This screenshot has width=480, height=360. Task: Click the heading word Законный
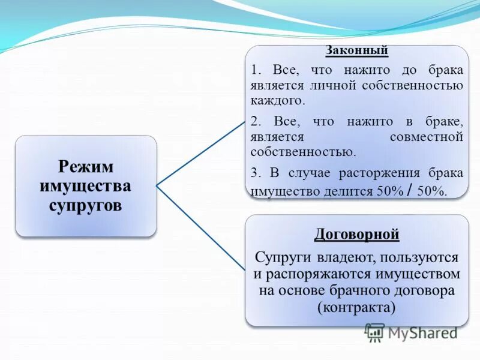coord(356,50)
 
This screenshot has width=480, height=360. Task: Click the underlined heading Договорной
coord(356,234)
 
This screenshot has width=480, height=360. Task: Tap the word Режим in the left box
coord(85,166)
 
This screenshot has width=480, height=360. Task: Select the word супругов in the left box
coord(85,205)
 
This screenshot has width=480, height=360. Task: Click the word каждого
coord(278,100)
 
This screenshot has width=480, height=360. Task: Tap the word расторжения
coord(381,173)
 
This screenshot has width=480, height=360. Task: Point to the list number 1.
coord(255,70)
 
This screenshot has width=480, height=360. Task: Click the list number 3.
coord(255,173)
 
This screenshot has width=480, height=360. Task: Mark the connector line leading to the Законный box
coord(201,152)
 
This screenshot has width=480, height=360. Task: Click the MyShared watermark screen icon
coord(374,332)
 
